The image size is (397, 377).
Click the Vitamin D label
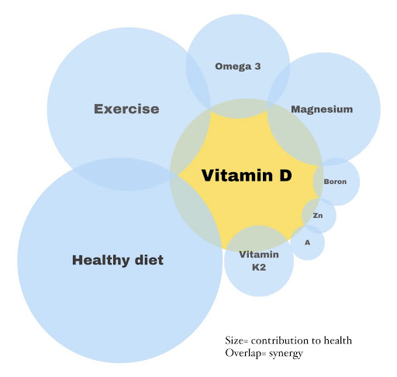tap(247, 175)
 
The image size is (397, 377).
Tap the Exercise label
tap(126, 109)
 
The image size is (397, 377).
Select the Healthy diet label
tap(118, 260)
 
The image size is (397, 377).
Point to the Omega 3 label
tap(238, 67)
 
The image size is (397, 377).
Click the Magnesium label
tap(322, 109)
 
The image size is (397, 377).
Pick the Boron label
tap(335, 182)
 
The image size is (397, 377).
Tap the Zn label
tap(318, 216)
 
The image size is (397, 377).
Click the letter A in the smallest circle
tap(307, 243)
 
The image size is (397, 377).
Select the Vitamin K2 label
tap(259, 261)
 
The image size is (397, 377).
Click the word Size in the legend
tap(234, 341)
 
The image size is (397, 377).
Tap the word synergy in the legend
tap(286, 354)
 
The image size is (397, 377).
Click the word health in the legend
tap(338, 341)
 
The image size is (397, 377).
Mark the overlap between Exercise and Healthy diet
tap(122, 174)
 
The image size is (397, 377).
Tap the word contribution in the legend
tap(280, 341)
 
